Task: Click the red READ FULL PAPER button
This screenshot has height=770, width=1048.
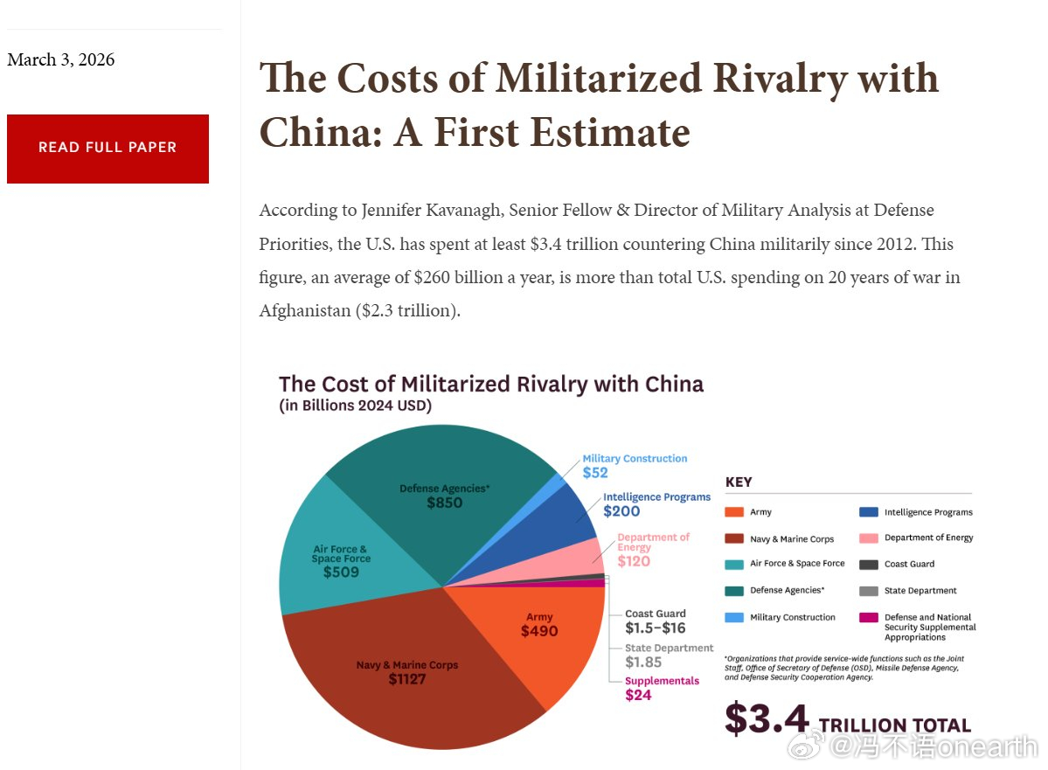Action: click(108, 149)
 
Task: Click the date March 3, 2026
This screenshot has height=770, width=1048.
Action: click(61, 59)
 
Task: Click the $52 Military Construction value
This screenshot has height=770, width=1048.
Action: click(595, 473)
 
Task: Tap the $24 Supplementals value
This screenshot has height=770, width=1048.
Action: click(638, 695)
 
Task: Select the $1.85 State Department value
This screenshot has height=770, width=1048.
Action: click(643, 662)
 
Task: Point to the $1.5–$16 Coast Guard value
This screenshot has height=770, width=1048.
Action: click(655, 628)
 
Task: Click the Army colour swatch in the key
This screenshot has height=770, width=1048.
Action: click(734, 512)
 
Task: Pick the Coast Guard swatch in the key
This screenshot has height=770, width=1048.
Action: click(868, 564)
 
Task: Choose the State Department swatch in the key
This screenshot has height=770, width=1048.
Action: click(868, 591)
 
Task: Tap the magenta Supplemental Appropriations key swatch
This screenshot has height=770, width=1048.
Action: click(868, 618)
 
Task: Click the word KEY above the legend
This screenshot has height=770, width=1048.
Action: click(739, 482)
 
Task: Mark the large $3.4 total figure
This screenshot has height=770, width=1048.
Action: click(767, 719)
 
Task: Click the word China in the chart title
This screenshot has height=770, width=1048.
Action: click(674, 385)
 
